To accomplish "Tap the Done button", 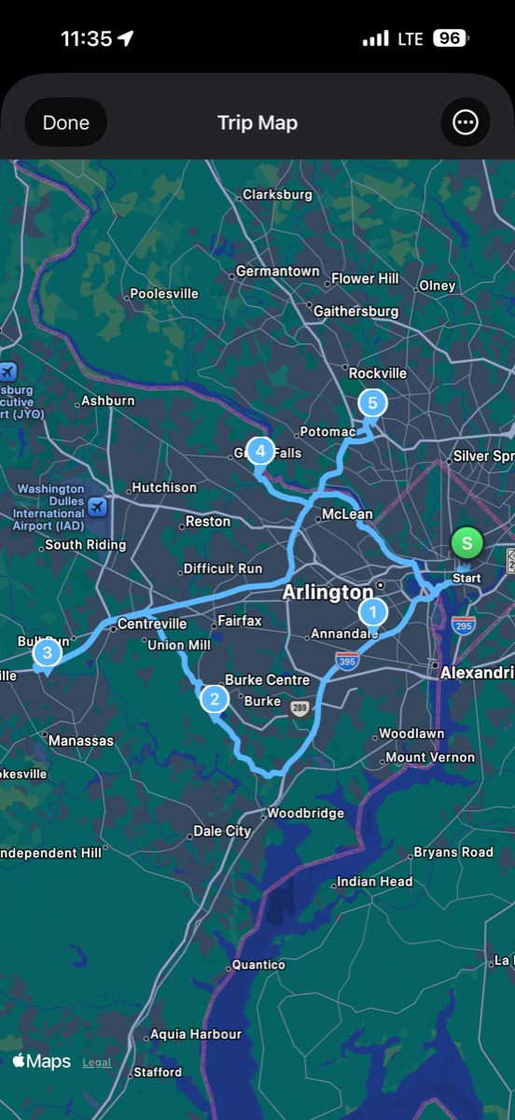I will tap(66, 122).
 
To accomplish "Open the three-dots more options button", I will tap(465, 122).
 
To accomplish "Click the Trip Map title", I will tap(257, 123).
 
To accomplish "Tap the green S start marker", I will tap(466, 542).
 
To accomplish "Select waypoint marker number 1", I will tap(373, 612).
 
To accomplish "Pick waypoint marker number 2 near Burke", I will tap(215, 698).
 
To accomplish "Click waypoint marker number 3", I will tap(47, 653).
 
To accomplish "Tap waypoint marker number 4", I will tap(260, 452).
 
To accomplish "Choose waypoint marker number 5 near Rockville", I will tap(372, 403).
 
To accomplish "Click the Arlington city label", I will tap(327, 593).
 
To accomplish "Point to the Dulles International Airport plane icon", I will tap(97, 507).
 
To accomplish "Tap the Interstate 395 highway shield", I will tap(347, 662).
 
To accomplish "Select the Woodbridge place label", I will tap(305, 813).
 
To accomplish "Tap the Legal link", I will tap(96, 1062).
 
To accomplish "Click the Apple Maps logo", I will tap(42, 1061).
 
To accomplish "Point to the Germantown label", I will tap(277, 271).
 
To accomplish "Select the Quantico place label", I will tap(257, 964).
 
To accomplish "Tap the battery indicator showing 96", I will tap(451, 38).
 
